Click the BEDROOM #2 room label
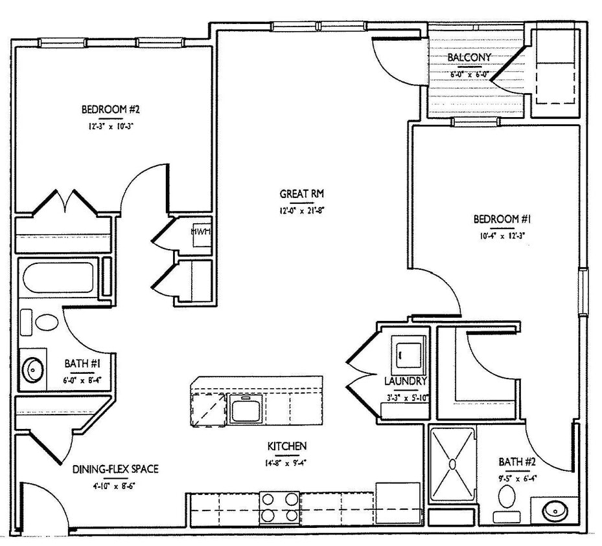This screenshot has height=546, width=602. click(108, 109)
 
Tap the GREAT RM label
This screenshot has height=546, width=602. click(301, 193)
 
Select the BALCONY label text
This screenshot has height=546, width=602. click(469, 57)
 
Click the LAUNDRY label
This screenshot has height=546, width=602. click(405, 382)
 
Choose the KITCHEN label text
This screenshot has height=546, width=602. click(286, 446)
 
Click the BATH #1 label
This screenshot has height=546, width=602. click(82, 364)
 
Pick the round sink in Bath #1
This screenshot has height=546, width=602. click(33, 369)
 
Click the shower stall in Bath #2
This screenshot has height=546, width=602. click(452, 463)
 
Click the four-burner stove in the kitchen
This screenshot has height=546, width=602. click(279, 507)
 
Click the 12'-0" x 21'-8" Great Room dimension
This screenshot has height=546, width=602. click(301, 210)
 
